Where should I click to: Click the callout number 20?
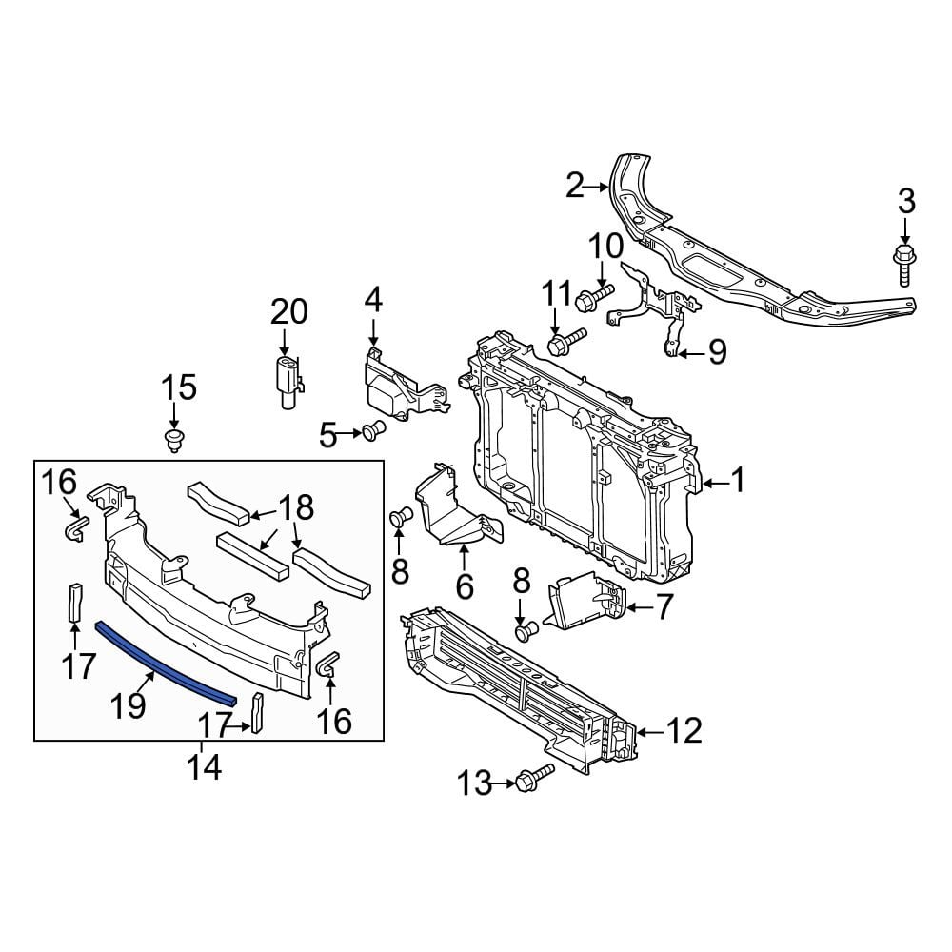[x=289, y=312]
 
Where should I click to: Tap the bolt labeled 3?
[x=904, y=266]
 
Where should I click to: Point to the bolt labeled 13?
[x=535, y=778]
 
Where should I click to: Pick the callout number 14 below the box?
[x=205, y=768]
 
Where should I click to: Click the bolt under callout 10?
[x=594, y=296]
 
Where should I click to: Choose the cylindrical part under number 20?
[x=288, y=383]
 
